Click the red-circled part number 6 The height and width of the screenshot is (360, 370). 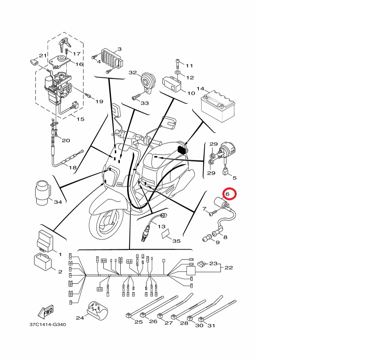(227, 194)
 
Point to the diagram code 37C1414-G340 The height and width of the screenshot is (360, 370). (48, 325)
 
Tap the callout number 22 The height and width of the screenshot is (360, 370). (229, 267)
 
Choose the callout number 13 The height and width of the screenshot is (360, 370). (161, 227)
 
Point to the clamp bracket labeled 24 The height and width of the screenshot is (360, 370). (97, 311)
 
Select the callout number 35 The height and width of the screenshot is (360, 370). (177, 241)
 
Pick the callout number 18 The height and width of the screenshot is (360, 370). (73, 168)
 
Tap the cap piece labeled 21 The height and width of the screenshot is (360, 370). (35, 62)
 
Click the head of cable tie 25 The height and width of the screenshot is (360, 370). (129, 315)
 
